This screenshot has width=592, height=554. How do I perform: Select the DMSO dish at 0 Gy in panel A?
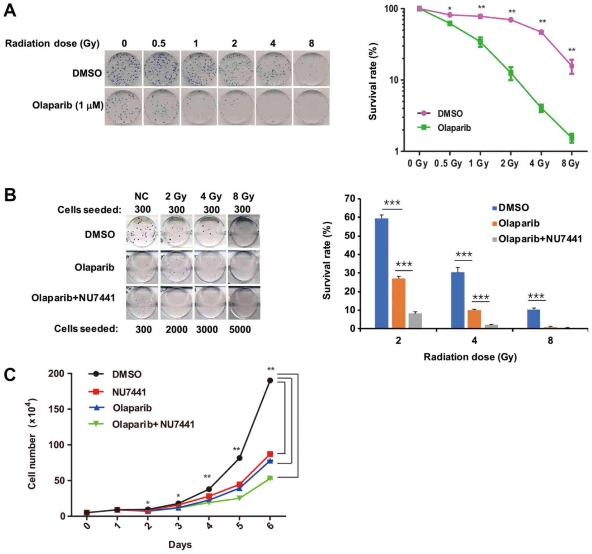(123, 69)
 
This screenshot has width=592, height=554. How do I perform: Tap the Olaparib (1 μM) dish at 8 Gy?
(312, 107)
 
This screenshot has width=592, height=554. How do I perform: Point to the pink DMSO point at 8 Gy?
(572, 66)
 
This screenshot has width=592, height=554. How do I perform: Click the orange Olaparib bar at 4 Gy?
(474, 319)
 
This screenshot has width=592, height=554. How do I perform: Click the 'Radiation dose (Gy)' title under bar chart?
(470, 357)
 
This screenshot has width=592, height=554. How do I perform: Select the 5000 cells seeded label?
(240, 329)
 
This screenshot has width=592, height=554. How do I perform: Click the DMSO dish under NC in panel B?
(142, 231)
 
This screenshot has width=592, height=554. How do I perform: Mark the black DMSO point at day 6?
(270, 381)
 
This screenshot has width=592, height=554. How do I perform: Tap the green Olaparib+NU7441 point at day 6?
(270, 478)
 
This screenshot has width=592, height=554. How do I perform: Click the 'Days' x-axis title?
(180, 545)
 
